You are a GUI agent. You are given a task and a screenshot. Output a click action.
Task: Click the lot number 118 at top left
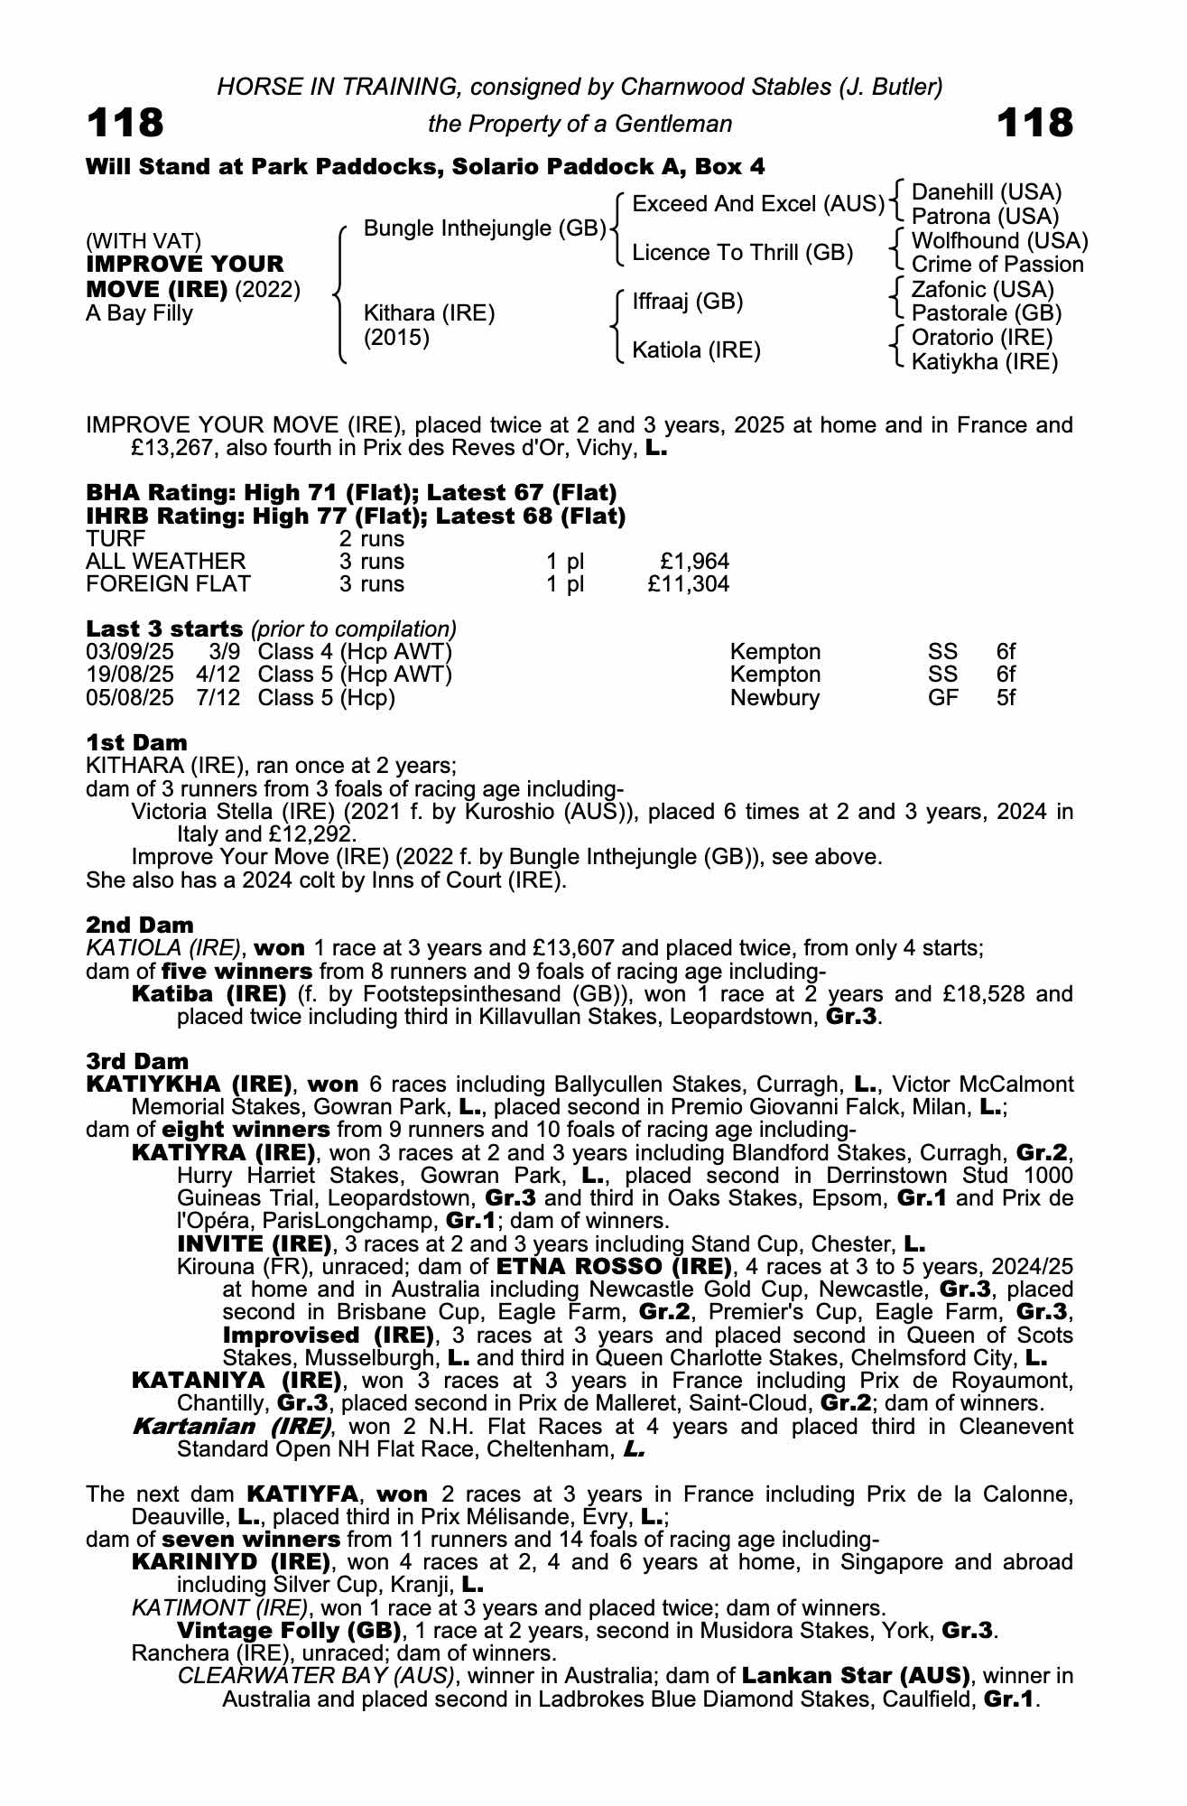coord(125,123)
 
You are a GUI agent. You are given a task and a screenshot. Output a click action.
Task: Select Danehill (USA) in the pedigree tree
coord(987,192)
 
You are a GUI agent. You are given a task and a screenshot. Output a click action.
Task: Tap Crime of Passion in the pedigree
coord(997,265)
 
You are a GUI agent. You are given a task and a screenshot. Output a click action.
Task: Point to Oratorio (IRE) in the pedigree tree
coord(982,338)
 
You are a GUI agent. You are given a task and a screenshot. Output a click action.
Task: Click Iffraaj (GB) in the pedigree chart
coord(688,302)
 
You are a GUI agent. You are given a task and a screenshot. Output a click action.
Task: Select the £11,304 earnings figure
coord(688,584)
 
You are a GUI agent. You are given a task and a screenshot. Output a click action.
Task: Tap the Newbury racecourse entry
coord(774,698)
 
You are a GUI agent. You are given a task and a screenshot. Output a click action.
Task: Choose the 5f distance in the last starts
coord(1006,698)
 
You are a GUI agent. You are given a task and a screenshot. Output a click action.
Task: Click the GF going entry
coord(943,698)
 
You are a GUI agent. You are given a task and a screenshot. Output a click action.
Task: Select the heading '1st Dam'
coord(136,742)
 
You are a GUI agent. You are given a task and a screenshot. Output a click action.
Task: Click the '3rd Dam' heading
coord(137,1061)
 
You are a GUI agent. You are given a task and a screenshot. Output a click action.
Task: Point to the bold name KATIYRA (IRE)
coord(223,1153)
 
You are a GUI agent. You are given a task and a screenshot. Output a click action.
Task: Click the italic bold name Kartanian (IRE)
coord(232,1427)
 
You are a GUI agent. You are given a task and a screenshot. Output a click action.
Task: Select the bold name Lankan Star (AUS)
coord(856,1677)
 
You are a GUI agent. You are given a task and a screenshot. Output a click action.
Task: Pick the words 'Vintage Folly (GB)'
coord(289,1631)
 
